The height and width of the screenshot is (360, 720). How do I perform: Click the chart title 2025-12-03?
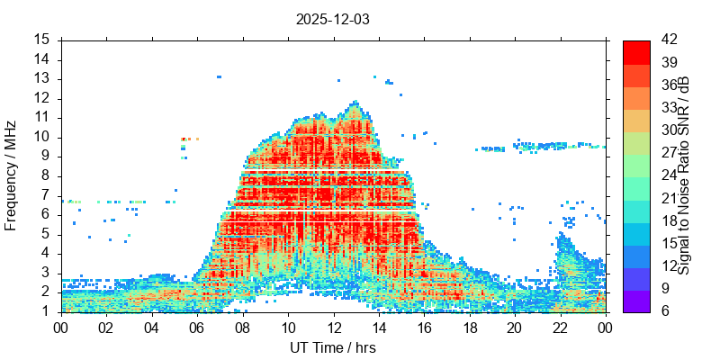[333, 18]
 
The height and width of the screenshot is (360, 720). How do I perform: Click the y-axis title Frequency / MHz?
[11, 175]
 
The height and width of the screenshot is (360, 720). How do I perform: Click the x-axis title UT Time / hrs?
[333, 347]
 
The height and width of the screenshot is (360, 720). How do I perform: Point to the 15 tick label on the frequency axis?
[42, 40]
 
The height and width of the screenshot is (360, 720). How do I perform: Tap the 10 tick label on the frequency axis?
[42, 137]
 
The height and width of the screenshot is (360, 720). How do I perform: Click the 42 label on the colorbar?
[668, 40]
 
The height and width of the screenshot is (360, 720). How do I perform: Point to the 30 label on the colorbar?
[668, 130]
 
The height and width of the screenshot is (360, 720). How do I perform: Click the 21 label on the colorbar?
[668, 198]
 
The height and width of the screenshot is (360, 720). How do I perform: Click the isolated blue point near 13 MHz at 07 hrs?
[219, 77]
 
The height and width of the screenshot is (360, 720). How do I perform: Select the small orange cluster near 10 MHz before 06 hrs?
[189, 139]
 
